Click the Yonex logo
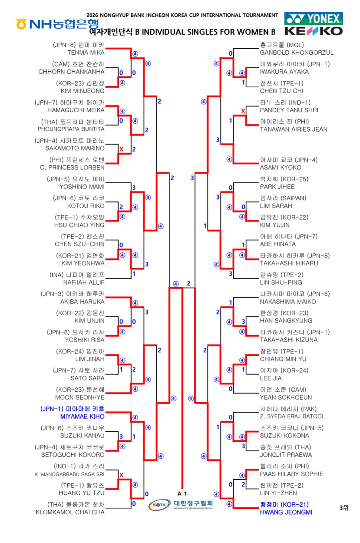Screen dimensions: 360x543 click(314, 19)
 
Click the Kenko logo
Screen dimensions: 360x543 click(314, 31)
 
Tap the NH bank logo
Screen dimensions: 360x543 click(58, 24)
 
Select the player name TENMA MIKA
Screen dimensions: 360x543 click(86, 53)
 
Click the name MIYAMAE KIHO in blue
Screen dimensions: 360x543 click(82, 417)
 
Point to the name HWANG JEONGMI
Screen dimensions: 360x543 click(286, 512)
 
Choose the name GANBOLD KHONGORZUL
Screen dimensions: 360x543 click(297, 53)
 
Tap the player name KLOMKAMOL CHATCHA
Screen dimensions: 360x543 click(70, 512)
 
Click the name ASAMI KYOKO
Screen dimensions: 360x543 click(280, 168)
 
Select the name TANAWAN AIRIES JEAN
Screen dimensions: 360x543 click(293, 129)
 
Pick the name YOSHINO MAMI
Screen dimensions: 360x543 click(82, 187)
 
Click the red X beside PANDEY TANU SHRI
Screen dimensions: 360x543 click(243, 111)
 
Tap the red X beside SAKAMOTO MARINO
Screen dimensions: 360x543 click(121, 149)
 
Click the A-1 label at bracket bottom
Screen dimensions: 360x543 click(182, 494)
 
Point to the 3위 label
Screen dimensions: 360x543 click(344, 508)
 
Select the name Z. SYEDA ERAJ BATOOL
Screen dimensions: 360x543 click(292, 416)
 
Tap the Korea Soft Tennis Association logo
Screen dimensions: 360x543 click(181, 505)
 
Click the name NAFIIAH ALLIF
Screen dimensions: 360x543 click(84, 282)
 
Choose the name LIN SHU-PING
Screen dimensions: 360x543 click(281, 282)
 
